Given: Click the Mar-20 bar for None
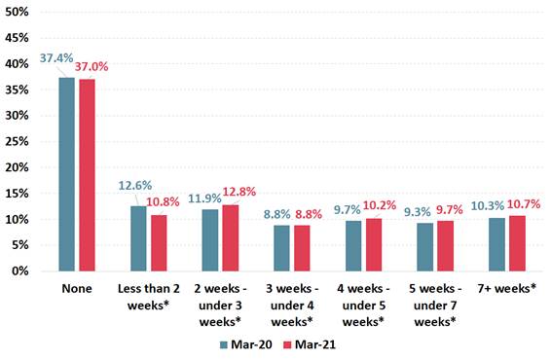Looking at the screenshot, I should [x=67, y=174].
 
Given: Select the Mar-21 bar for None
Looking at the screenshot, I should [x=87, y=175].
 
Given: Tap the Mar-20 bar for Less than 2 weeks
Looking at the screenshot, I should [x=139, y=238].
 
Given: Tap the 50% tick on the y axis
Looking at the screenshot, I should [x=18, y=11].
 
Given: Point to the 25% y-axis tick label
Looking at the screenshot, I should [x=18, y=141].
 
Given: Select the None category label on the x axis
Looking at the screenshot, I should [x=77, y=289].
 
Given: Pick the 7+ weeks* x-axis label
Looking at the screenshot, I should [x=509, y=289].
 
